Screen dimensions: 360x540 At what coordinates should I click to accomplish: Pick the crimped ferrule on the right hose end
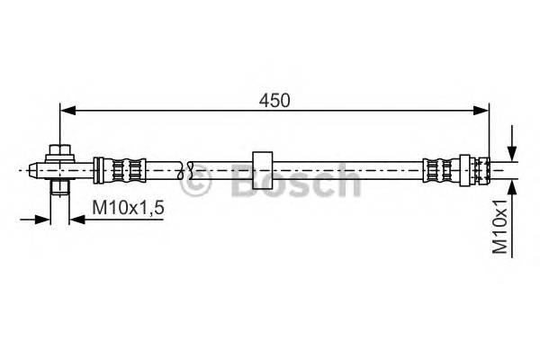pyautogui.click(x=441, y=168)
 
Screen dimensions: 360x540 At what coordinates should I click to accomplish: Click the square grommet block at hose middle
pyautogui.click(x=263, y=168)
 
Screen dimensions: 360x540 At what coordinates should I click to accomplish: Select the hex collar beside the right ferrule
pyautogui.click(x=465, y=168)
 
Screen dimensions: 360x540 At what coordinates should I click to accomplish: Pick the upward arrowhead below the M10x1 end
pyautogui.click(x=510, y=184)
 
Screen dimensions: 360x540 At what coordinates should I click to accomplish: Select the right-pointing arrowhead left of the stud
pyautogui.click(x=44, y=218)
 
